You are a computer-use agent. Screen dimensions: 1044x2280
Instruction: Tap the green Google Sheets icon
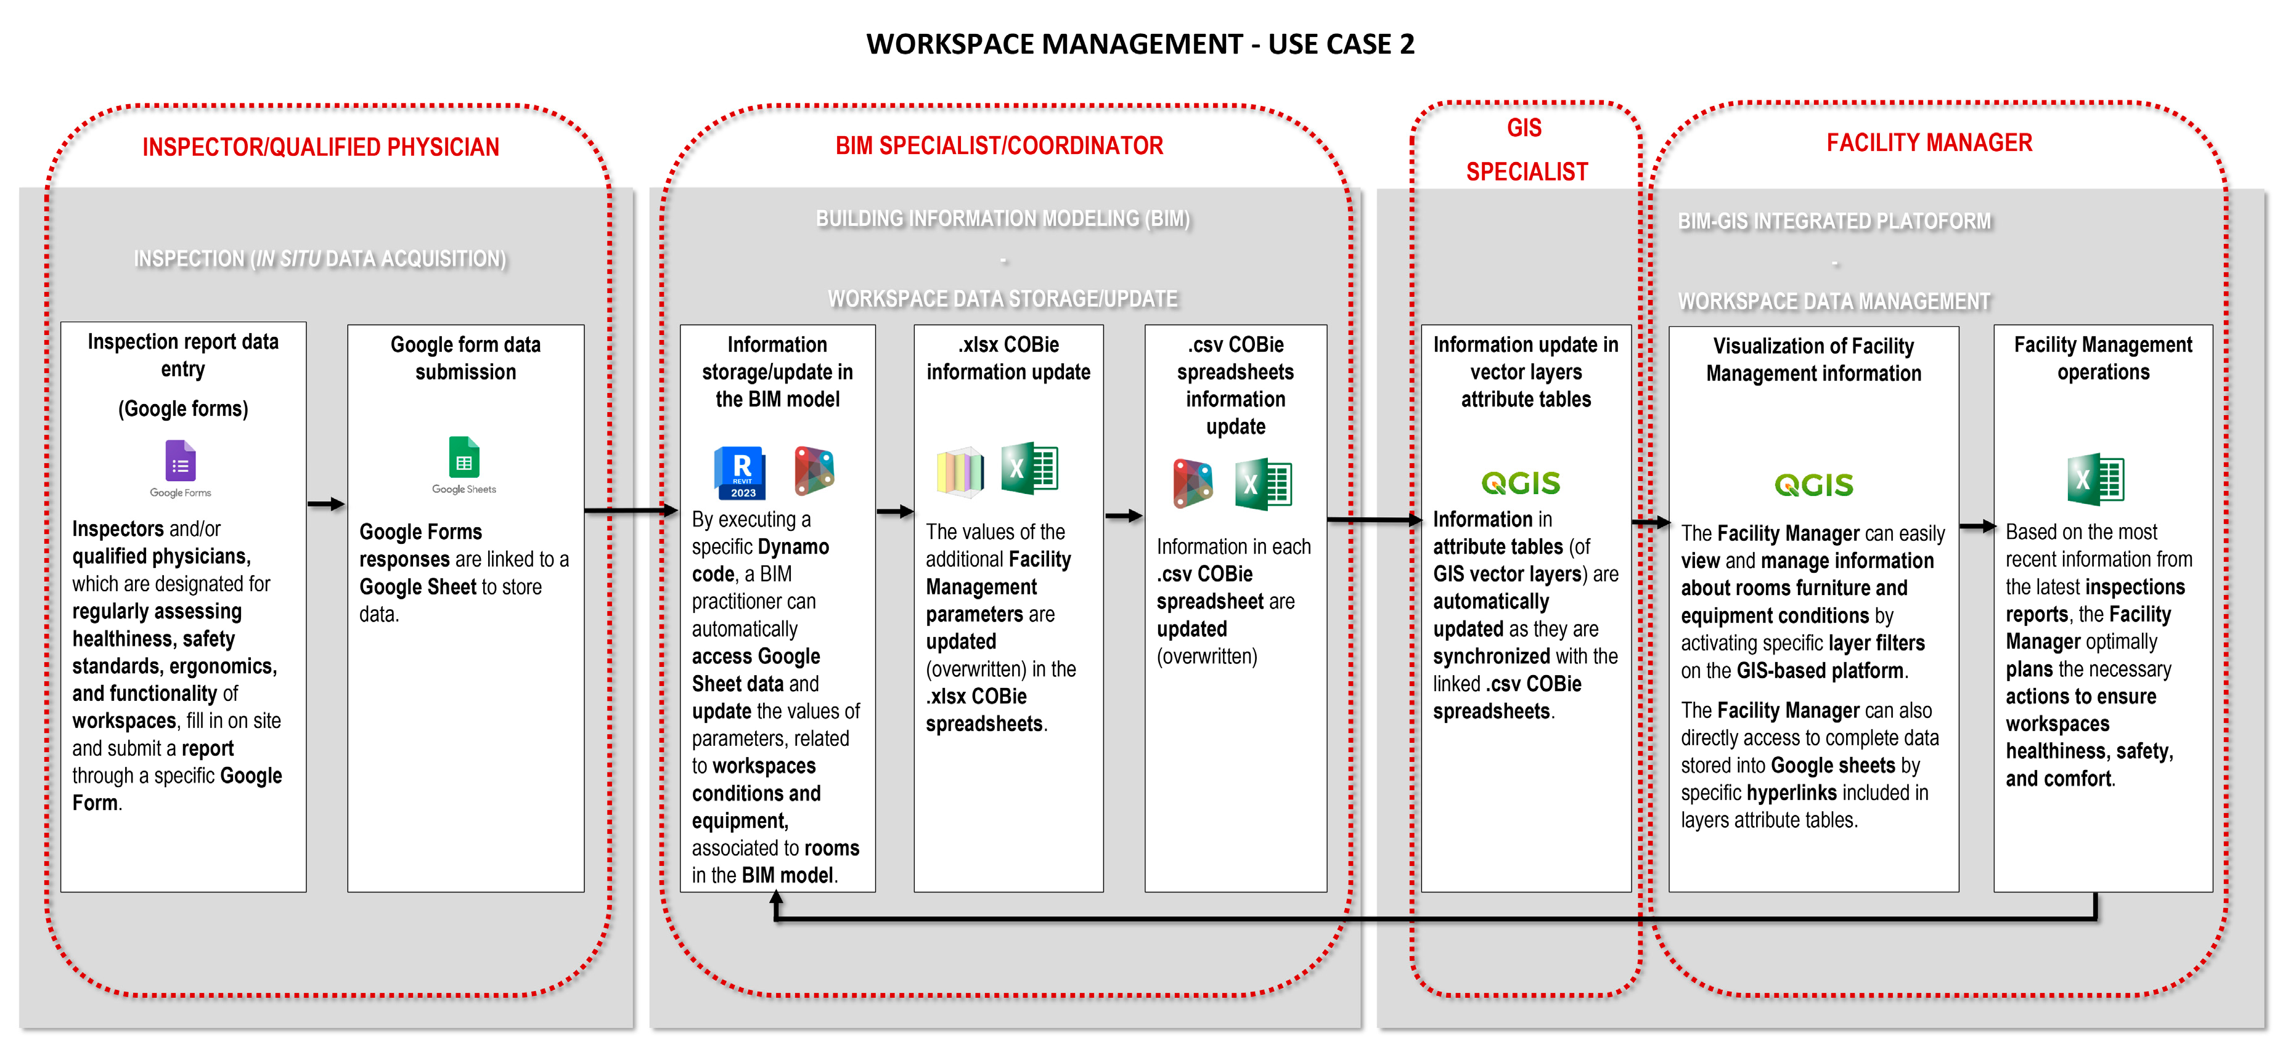point(464,458)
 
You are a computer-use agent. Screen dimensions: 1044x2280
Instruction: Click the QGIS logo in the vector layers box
point(1521,483)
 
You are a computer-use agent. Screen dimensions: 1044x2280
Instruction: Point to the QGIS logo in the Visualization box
point(1813,485)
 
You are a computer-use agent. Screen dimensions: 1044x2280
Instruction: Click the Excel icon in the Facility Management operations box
point(2095,480)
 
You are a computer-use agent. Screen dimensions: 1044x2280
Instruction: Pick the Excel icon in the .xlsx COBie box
point(1029,468)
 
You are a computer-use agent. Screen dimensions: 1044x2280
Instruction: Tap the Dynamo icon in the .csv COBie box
point(1192,483)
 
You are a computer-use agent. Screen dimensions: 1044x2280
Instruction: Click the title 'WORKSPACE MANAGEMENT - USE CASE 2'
point(1140,44)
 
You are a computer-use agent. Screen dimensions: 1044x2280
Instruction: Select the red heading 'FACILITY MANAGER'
point(1929,144)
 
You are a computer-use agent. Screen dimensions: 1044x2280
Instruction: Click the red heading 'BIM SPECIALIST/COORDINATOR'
point(999,146)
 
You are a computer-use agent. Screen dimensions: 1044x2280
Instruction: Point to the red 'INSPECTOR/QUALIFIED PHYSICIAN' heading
point(321,147)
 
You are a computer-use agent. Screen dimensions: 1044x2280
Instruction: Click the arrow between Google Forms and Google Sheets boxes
point(325,504)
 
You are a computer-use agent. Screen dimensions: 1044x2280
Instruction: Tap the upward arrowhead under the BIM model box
point(776,899)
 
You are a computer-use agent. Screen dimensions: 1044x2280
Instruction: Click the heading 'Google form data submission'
point(465,358)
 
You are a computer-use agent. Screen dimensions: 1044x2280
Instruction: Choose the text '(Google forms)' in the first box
point(183,409)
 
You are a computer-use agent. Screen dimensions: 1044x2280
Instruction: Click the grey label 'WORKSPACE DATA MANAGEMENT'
point(1834,302)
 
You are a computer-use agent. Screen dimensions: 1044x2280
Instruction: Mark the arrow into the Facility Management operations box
point(1976,527)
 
